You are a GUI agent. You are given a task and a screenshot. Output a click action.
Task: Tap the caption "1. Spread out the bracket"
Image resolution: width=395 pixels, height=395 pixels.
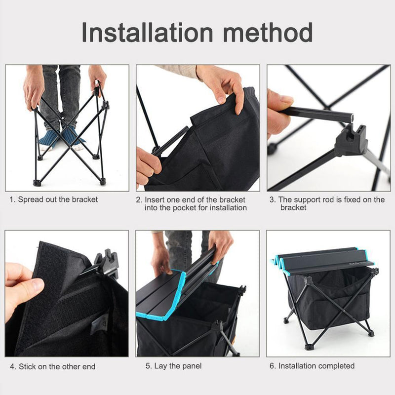tap(54, 199)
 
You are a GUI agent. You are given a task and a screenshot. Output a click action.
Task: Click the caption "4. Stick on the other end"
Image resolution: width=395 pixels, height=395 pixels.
tap(53, 366)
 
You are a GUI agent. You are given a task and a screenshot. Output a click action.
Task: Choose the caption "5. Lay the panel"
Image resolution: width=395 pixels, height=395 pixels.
tap(173, 366)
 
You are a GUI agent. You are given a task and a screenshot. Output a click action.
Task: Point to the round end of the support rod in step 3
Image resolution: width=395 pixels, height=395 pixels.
tap(352, 118)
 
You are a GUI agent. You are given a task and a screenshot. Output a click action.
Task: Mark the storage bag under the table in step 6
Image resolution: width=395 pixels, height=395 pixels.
tap(326, 301)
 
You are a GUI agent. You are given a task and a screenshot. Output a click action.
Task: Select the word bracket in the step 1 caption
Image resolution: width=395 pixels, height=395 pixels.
tap(85, 199)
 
